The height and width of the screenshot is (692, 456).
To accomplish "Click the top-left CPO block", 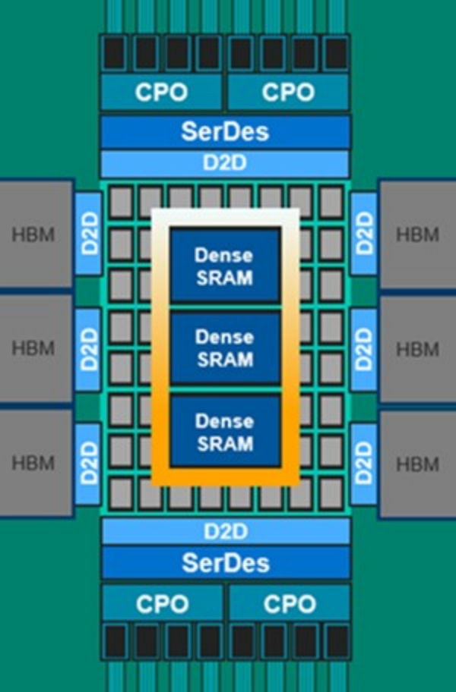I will click(x=161, y=92).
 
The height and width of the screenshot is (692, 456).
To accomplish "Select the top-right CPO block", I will click(x=288, y=92).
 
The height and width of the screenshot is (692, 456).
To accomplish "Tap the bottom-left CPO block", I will click(x=161, y=604).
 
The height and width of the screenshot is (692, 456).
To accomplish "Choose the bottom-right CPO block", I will click(x=288, y=604).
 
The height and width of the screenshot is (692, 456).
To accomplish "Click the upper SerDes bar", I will click(x=225, y=131).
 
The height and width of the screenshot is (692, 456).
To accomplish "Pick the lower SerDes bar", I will click(x=225, y=563).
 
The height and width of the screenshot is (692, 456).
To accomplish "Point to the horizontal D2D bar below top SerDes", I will click(x=225, y=163).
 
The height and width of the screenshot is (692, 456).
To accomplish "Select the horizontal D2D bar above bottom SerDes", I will click(x=225, y=530).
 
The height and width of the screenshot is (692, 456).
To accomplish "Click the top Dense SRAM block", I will click(x=225, y=266).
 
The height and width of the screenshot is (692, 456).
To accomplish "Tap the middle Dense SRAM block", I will click(x=225, y=348).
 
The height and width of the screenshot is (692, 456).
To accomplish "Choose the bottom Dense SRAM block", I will click(x=225, y=431).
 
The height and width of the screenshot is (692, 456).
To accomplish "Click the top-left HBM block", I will click(x=35, y=234).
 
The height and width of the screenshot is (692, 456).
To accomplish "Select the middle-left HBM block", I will click(x=35, y=349).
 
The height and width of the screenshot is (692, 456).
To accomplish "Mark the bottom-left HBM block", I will click(x=35, y=463).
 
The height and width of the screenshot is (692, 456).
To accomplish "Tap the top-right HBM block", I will click(x=417, y=234).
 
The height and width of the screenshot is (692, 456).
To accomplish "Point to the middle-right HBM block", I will click(x=417, y=349).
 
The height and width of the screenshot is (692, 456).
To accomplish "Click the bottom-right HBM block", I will click(x=417, y=463).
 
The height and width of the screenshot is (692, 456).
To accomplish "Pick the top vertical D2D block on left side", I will click(x=88, y=234).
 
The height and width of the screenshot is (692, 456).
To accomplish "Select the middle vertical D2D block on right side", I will click(x=363, y=349).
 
